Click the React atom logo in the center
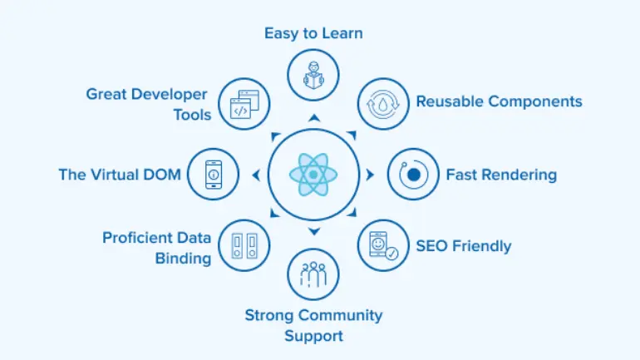(313, 175)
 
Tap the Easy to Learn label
(313, 33)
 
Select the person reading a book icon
(313, 75)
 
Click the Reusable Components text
(499, 101)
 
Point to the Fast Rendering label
(501, 175)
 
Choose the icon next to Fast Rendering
(413, 175)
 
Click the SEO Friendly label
(464, 245)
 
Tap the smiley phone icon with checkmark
(383, 245)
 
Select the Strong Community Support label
(313, 325)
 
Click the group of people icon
(313, 274)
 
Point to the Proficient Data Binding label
(157, 248)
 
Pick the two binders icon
(244, 245)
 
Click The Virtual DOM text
(120, 175)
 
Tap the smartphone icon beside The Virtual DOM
(214, 175)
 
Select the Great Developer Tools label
(147, 104)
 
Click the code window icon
(244, 104)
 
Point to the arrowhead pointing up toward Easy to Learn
(313, 118)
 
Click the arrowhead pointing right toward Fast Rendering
(370, 175)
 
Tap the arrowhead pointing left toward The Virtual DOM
(256, 175)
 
